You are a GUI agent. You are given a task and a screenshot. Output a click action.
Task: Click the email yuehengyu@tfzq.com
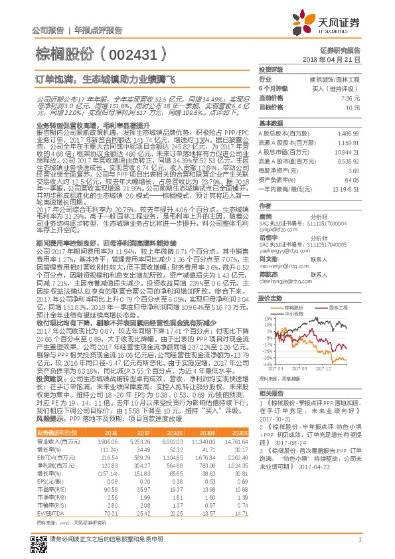[279, 252]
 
